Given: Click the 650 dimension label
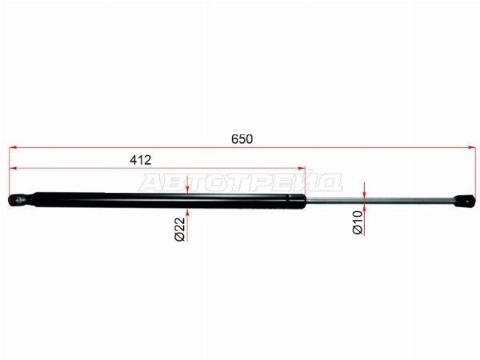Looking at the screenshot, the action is [242, 139].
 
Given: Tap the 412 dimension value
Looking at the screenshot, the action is [141, 160].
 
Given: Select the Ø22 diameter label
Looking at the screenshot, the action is [180, 230].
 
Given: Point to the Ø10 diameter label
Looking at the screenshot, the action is [358, 223].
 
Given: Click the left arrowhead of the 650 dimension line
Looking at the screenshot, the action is [13, 147].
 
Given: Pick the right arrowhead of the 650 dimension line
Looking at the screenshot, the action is [472, 147].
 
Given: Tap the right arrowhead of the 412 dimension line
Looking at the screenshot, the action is [302, 168].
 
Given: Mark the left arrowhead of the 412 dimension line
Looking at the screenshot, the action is [13, 168].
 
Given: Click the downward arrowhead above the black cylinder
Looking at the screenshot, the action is [187, 189].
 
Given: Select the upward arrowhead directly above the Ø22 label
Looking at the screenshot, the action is [187, 213].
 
